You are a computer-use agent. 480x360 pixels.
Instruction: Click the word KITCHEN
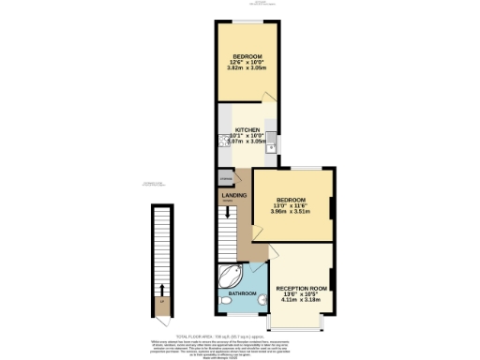[247, 128]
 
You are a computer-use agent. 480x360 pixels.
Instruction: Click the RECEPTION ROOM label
[301, 288]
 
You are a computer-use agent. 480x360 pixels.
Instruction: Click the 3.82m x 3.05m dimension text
[247, 67]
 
